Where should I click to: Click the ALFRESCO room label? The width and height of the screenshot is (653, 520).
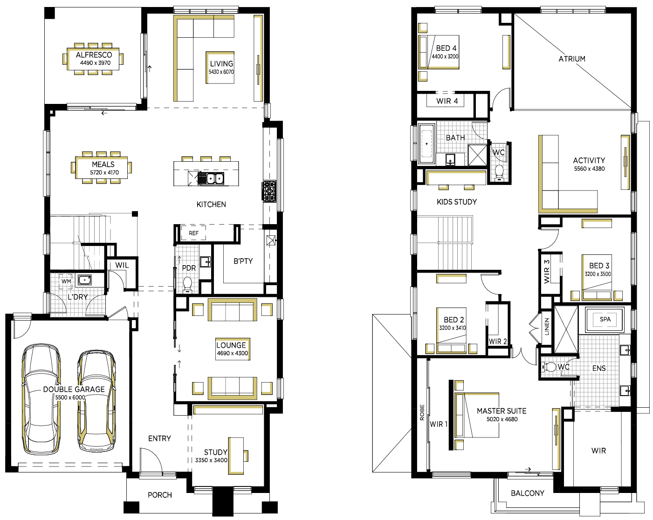[94, 55]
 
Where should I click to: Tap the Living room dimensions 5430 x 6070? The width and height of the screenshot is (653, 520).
[221, 72]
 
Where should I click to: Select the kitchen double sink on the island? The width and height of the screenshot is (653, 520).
[211, 178]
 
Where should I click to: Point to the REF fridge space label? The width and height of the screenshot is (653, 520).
[193, 233]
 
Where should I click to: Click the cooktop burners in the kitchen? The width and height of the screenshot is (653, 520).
[269, 191]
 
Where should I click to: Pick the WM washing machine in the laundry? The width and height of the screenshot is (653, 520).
[66, 281]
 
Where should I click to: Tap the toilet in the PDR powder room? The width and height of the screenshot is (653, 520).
[188, 285]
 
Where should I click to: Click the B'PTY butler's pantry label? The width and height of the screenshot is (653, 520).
[243, 261]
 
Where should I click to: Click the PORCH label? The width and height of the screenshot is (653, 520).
[160, 495]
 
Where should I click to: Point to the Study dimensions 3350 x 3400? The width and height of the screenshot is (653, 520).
[211, 460]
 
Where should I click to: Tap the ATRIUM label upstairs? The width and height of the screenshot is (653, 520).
[572, 59]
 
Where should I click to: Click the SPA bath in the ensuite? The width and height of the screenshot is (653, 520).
[605, 320]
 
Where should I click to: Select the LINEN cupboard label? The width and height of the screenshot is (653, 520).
[547, 327]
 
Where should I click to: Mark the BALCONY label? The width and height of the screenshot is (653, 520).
[527, 493]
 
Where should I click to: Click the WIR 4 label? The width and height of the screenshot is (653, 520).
[447, 101]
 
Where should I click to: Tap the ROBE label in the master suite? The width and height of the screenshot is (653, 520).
[422, 412]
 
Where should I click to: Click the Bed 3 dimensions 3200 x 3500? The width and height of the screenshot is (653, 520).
[598, 274]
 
